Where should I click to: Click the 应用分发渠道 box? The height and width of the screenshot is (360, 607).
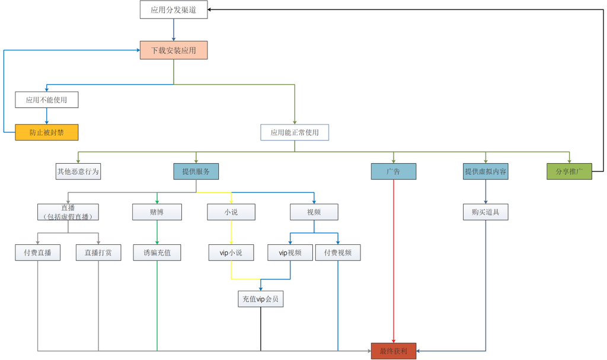[x=174, y=10]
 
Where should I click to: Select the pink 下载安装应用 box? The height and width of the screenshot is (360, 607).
[x=173, y=50]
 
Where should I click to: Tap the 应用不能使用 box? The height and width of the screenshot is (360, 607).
[x=46, y=100]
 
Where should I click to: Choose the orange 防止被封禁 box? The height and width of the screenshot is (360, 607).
[x=46, y=132]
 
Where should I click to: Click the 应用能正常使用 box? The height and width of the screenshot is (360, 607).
[x=295, y=132]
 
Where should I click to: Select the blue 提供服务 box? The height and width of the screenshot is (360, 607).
[x=196, y=171]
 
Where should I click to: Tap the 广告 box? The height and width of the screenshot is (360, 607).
[x=394, y=171]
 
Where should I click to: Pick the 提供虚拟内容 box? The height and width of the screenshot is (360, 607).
[x=485, y=171]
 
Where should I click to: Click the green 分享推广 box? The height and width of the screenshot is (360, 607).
[x=570, y=171]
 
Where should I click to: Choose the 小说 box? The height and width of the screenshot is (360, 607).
[x=231, y=212]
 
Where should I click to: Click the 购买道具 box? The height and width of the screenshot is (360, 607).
[x=485, y=212]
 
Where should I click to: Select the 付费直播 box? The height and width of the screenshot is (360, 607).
[x=37, y=253]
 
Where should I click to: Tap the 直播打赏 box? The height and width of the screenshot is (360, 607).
[x=98, y=253]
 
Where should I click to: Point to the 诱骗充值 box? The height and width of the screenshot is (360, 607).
[x=157, y=253]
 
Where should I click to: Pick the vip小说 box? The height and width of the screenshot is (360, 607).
[x=231, y=253]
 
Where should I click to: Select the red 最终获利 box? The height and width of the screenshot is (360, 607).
[x=394, y=351]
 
